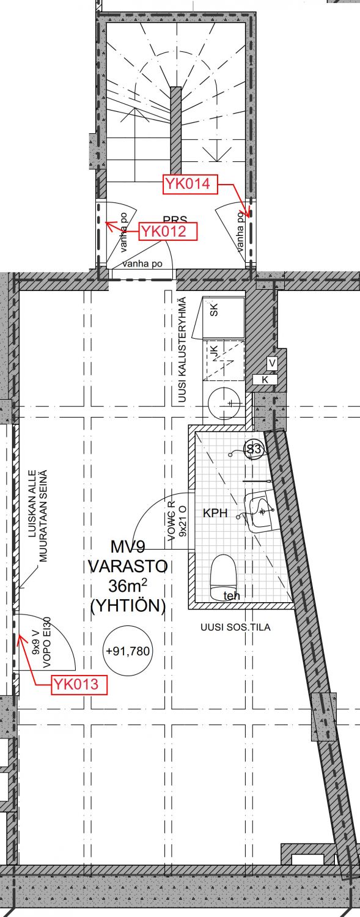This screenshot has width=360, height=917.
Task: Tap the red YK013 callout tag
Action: [x=80, y=685]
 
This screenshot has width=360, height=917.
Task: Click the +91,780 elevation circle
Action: [x=128, y=651]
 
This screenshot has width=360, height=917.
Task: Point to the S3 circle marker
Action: [x=254, y=450]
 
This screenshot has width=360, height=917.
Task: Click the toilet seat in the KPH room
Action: [x=224, y=575]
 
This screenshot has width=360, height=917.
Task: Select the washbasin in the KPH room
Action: [x=259, y=510]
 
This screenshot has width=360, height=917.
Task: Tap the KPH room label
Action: [x=215, y=514]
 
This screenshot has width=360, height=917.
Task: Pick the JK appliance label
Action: [x=214, y=352]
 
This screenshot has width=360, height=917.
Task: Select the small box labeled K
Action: [x=265, y=380]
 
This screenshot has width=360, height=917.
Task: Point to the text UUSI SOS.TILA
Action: [x=235, y=627]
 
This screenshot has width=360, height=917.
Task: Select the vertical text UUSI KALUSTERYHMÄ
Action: [x=182, y=350]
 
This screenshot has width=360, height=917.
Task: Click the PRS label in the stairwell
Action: [x=175, y=219]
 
